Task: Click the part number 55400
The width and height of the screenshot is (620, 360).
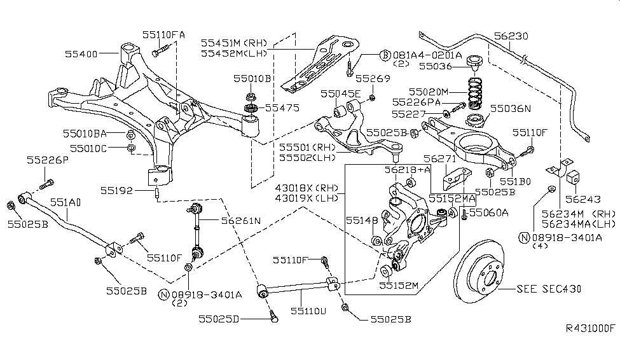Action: (81, 55)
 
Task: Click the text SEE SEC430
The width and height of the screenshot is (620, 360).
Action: (550, 289)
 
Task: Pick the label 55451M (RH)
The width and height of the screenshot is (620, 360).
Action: (235, 43)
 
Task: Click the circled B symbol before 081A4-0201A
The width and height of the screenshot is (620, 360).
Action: (385, 55)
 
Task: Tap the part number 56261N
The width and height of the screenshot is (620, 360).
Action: (241, 221)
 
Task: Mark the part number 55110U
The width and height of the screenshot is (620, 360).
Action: (308, 312)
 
